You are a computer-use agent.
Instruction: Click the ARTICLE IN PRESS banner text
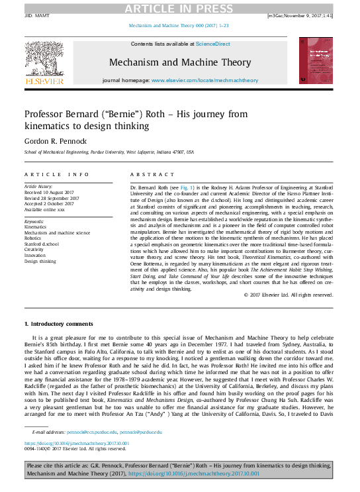point(179,8)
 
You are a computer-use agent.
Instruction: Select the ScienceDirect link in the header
point(212,44)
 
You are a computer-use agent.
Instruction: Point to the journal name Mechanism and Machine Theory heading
point(180,62)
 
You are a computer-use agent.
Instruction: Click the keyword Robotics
point(33,239)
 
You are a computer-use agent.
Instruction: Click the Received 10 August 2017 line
point(50,193)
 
